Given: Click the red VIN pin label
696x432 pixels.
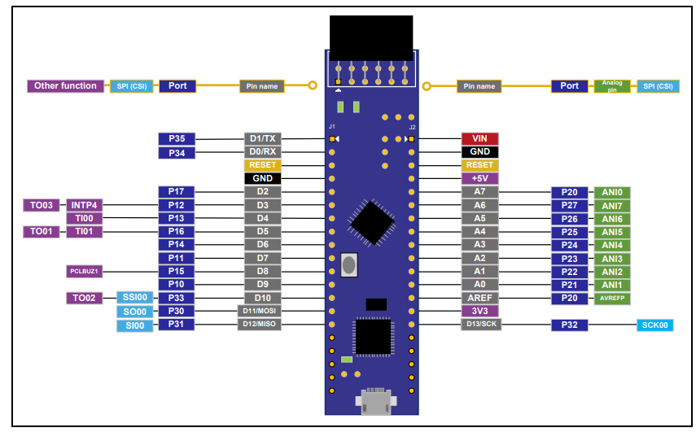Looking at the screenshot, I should (x=479, y=139).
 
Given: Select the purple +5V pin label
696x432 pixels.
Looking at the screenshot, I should (x=479, y=178).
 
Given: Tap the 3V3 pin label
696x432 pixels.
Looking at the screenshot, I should (x=479, y=311).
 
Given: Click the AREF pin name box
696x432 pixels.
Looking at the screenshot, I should (x=479, y=298).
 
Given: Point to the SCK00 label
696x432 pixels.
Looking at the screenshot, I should (x=655, y=325).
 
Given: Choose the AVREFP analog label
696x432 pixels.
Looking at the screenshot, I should (x=612, y=298).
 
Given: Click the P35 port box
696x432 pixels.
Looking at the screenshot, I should (x=177, y=139).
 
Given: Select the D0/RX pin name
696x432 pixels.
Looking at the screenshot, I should (x=262, y=152).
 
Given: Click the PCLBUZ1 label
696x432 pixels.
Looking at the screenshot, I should (x=84, y=271).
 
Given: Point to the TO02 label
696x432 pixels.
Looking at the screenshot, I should (x=84, y=298).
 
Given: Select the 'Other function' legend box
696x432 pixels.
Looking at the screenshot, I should (x=65, y=85).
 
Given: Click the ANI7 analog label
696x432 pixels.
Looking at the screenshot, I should (x=612, y=206).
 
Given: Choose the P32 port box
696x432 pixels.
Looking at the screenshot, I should (x=569, y=325).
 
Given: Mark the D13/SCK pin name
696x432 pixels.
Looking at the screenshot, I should (x=479, y=325).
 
